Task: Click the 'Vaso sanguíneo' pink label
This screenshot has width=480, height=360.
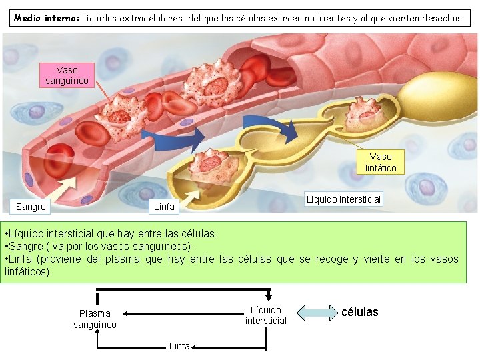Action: pyautogui.click(x=67, y=75)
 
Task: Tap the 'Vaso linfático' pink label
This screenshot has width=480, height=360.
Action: pyautogui.click(x=381, y=162)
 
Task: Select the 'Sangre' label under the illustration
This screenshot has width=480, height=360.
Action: pyautogui.click(x=31, y=207)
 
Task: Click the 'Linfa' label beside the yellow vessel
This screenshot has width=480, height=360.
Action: pyautogui.click(x=164, y=207)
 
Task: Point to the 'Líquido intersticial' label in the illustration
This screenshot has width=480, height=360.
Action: pyautogui.click(x=343, y=199)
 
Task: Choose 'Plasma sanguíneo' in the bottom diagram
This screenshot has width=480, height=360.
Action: pyautogui.click(x=95, y=319)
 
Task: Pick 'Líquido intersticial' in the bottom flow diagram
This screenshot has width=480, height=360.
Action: pyautogui.click(x=265, y=315)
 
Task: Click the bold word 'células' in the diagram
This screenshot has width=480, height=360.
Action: pyautogui.click(x=359, y=312)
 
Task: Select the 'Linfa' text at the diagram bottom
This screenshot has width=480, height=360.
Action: pyautogui.click(x=179, y=345)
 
